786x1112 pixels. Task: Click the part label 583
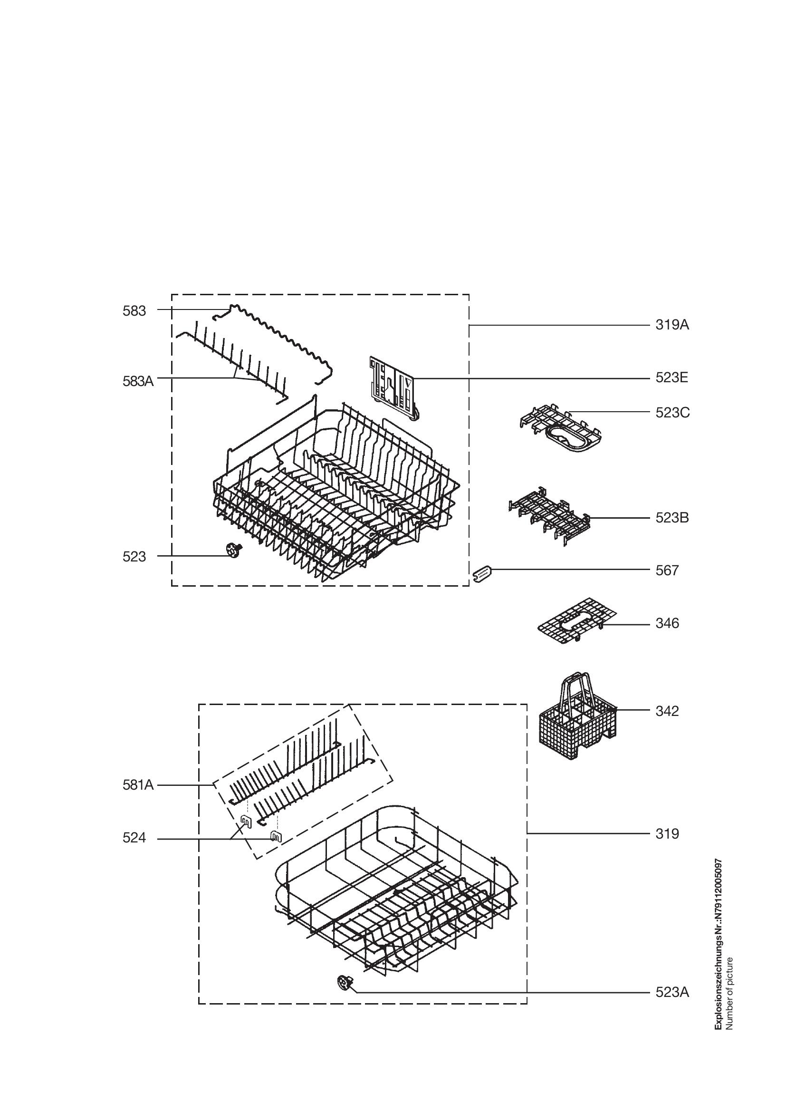point(134,311)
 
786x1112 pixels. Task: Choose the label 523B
point(672,518)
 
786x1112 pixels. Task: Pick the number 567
point(667,571)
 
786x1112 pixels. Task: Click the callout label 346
point(667,623)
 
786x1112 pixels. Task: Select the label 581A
point(138,784)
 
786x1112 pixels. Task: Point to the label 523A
point(672,992)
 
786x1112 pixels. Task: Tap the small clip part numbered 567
point(481,575)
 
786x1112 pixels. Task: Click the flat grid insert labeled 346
point(577,621)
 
